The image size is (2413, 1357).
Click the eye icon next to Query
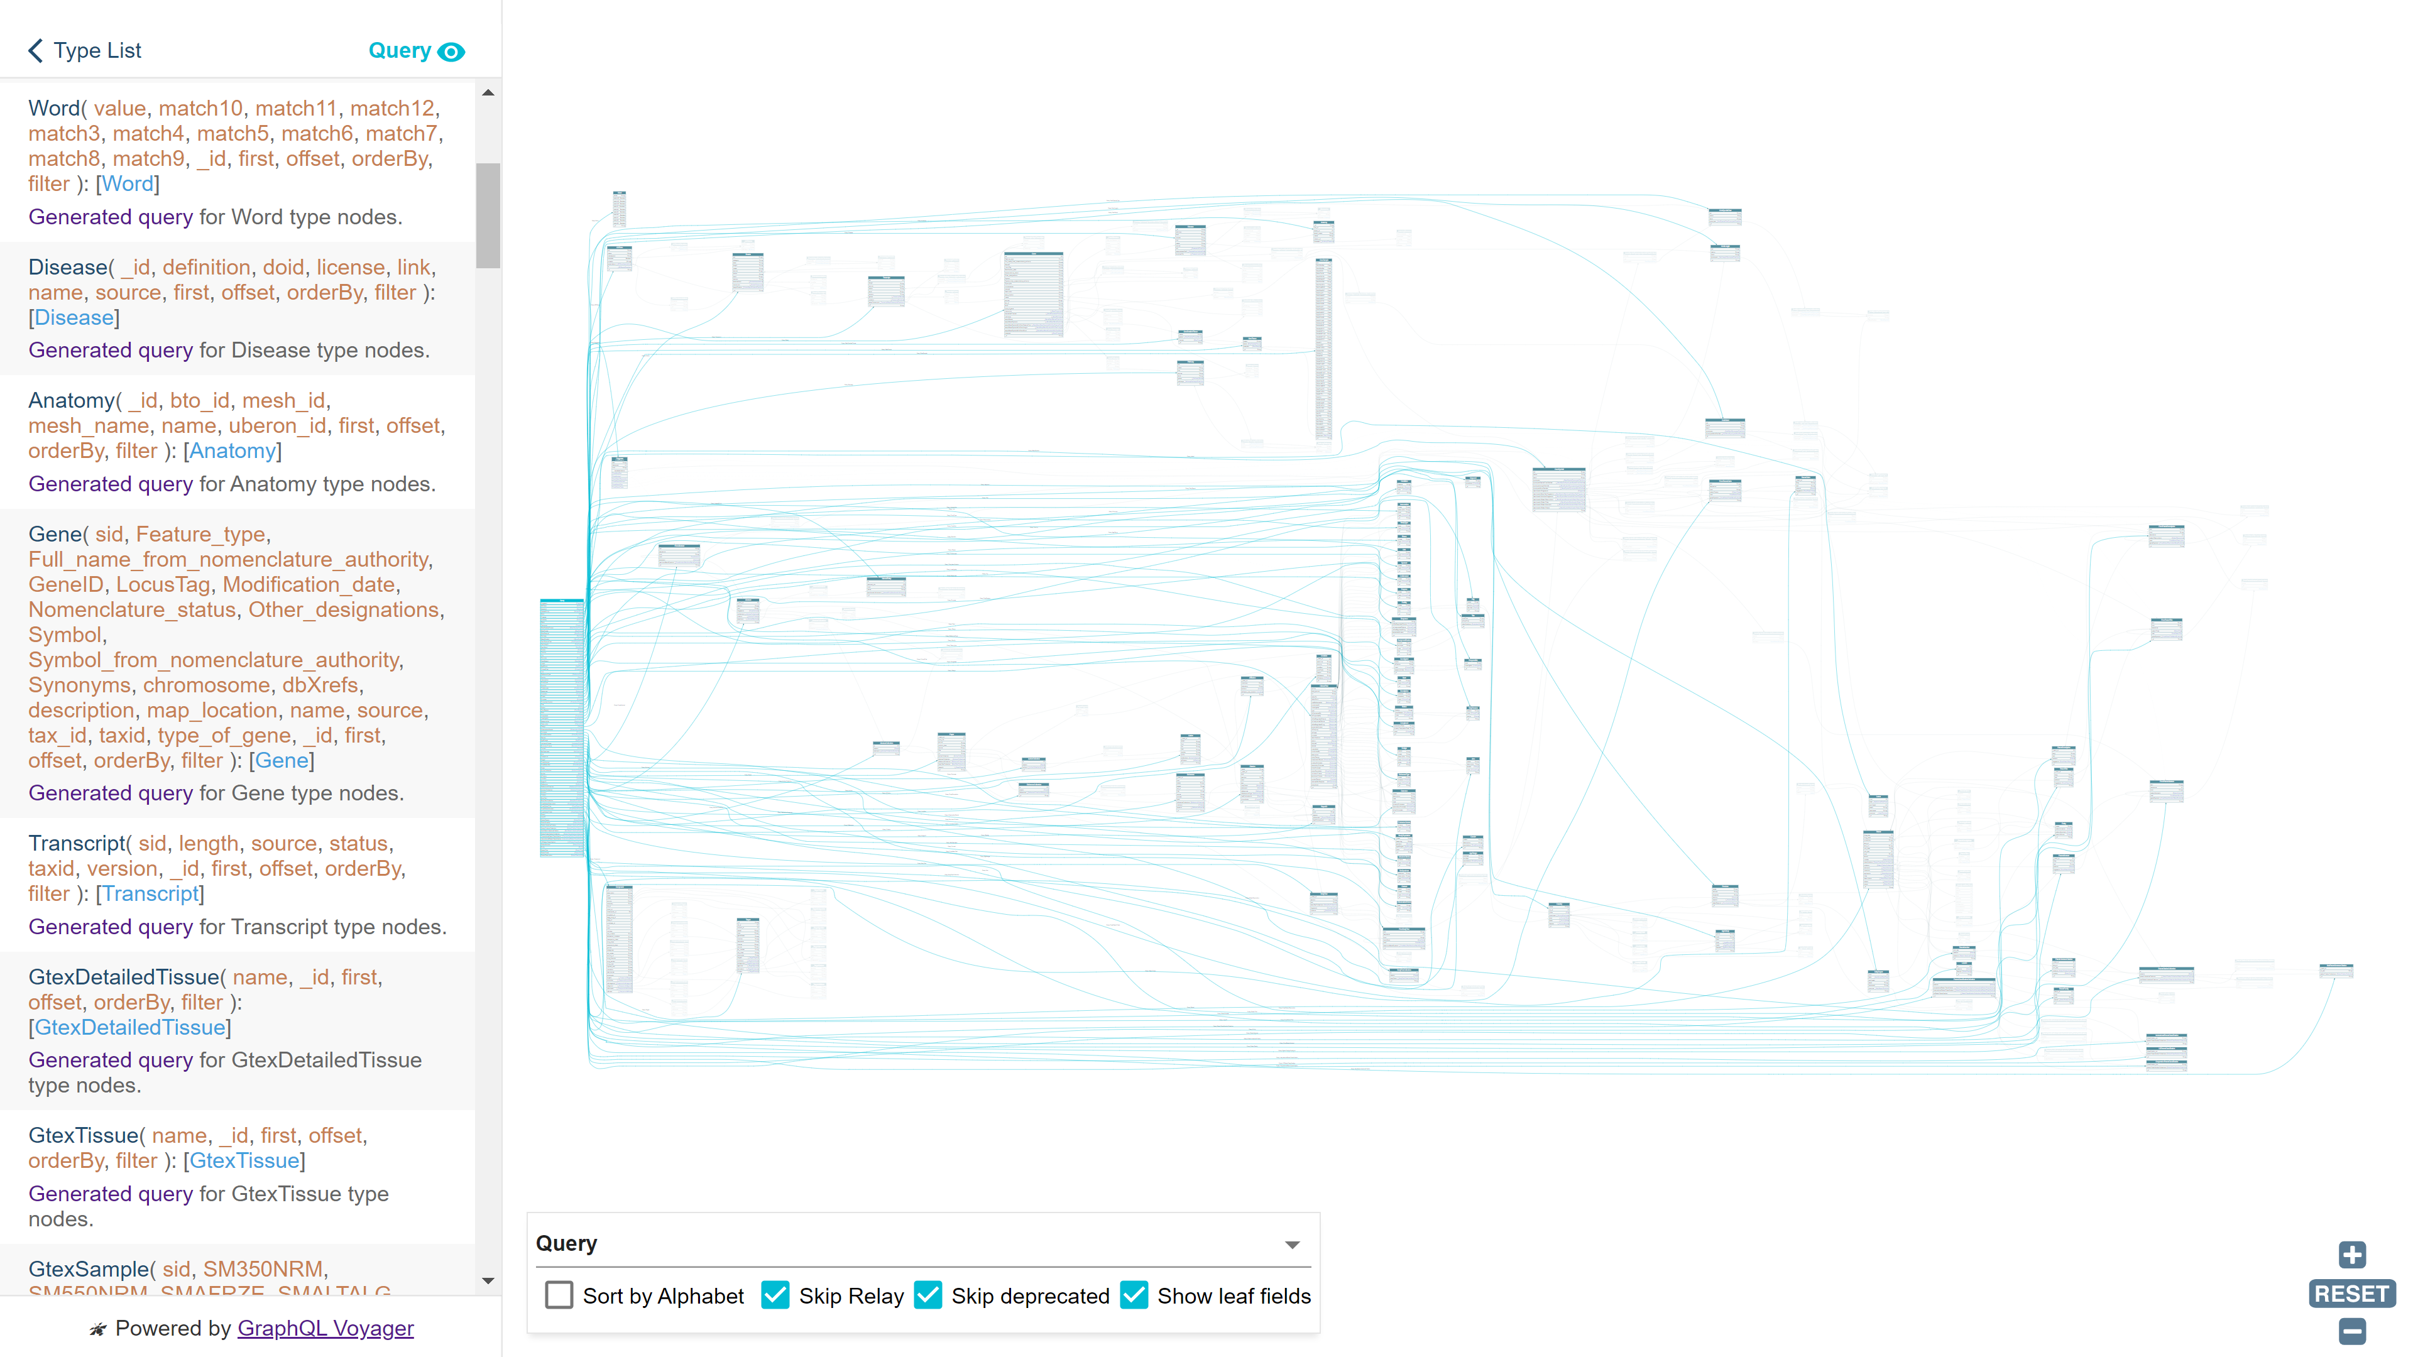(452, 52)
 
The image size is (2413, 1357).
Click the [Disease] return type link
(74, 317)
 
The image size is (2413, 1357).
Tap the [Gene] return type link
(282, 760)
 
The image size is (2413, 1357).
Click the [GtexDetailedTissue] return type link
(130, 1027)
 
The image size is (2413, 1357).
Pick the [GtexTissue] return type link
(244, 1160)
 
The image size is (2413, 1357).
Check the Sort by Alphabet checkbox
(559, 1295)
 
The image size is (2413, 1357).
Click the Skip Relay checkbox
(775, 1295)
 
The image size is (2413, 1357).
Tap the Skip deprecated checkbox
(927, 1295)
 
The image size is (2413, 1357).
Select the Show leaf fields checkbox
(1134, 1295)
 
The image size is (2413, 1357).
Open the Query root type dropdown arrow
(1293, 1245)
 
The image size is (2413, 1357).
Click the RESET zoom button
(2351, 1294)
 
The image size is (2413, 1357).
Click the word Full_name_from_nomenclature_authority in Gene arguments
(229, 559)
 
